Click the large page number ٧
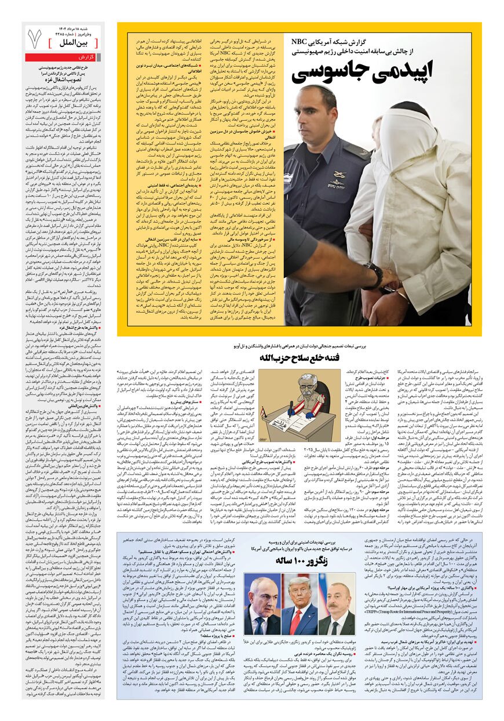click(34, 39)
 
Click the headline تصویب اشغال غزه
click(63, 79)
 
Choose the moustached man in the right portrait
click(336, 609)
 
